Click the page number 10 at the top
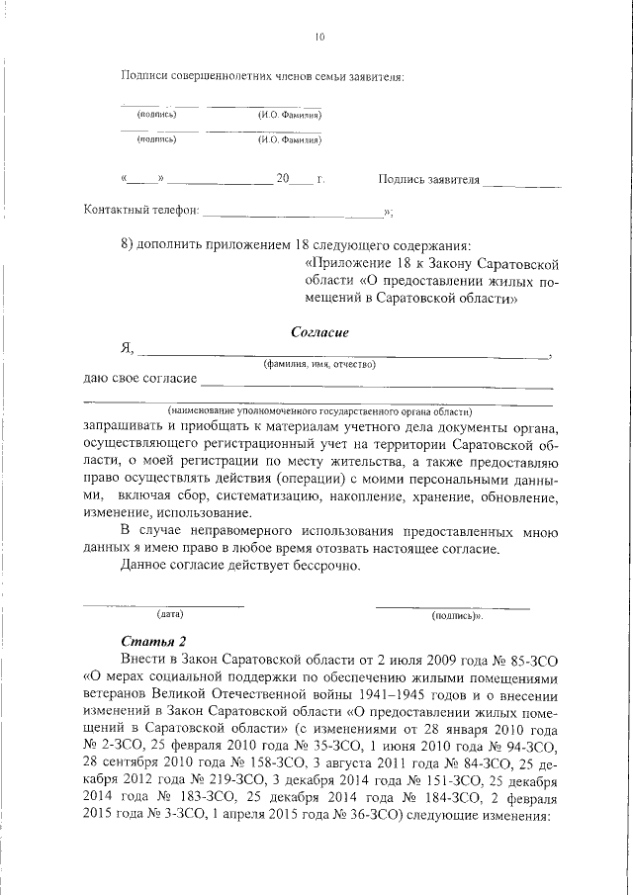click(318, 38)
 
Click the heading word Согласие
click(319, 332)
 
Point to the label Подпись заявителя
click(428, 180)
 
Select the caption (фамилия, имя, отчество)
click(318, 365)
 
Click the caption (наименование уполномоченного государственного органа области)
click(319, 410)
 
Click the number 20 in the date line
click(284, 180)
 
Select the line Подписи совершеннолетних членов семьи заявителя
click(262, 76)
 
